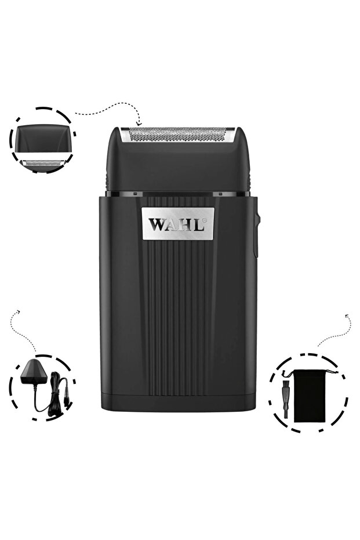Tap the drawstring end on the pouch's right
(x=332, y=372)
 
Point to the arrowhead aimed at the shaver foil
(x=139, y=123)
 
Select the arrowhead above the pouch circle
(x=347, y=316)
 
